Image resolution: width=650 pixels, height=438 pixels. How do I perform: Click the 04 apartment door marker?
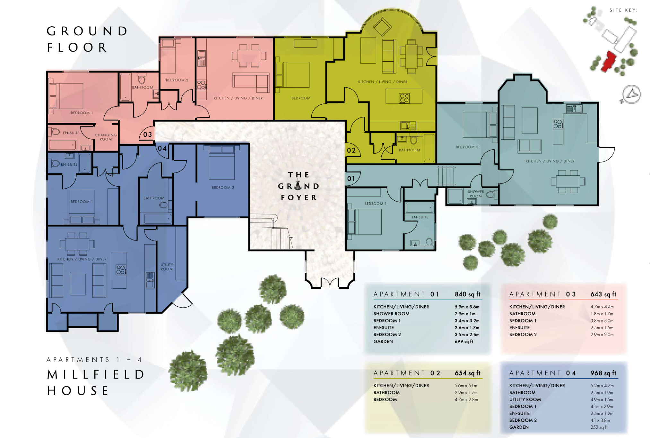tap(162, 148)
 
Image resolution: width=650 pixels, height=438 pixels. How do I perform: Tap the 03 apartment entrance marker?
tap(148, 135)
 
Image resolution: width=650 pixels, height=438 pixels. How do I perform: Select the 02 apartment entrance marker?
tap(351, 150)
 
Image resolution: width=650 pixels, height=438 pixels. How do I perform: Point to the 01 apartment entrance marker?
tap(351, 179)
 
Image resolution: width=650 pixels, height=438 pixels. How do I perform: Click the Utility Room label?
tap(167, 267)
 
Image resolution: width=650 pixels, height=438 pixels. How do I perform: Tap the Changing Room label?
tap(106, 137)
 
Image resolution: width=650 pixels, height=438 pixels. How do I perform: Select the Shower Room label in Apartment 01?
tap(476, 194)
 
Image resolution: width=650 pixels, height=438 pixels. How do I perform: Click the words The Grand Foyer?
tap(299, 186)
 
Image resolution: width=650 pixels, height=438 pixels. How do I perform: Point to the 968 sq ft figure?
tap(603, 373)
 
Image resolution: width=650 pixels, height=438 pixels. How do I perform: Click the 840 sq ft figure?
tap(467, 294)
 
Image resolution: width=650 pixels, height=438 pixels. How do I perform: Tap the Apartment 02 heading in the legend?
tap(407, 373)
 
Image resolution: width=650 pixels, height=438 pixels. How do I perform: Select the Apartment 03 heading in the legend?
tap(542, 294)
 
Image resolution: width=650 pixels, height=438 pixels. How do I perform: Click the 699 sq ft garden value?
tap(464, 341)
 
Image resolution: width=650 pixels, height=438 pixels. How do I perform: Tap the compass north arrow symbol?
tap(631, 95)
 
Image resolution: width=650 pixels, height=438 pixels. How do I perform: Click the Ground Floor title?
tap(87, 39)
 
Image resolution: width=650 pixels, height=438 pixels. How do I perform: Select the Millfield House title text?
tap(96, 382)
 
